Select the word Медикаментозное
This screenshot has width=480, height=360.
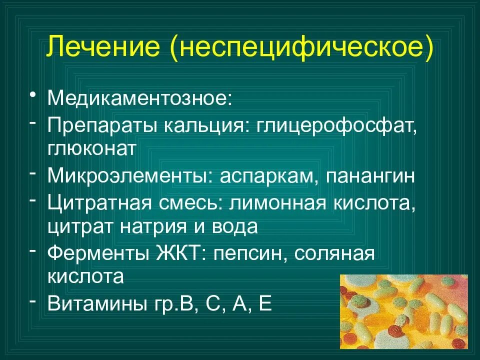[x=138, y=98]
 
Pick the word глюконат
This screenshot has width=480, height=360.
[x=92, y=149]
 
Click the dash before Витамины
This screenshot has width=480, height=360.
[x=32, y=302]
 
